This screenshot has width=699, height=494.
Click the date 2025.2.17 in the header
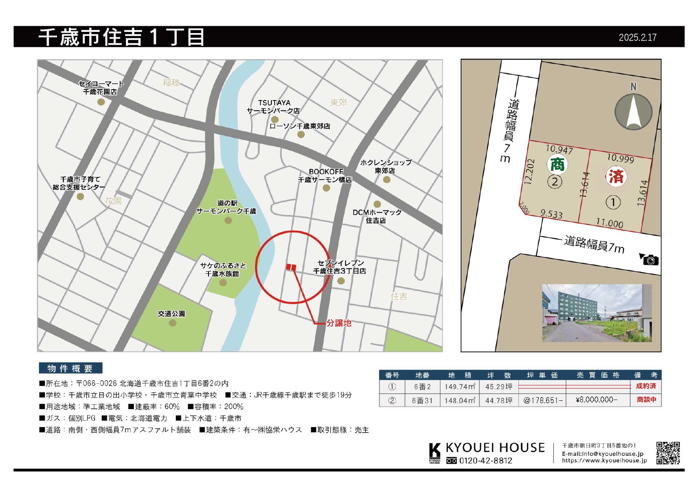[637, 37]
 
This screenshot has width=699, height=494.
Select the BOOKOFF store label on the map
[325, 176]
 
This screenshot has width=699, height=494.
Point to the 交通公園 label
[171, 314]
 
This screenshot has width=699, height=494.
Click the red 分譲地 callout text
[339, 323]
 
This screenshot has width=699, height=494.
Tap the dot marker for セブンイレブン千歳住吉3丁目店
[341, 281]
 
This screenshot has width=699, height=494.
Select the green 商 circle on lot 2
[557, 164]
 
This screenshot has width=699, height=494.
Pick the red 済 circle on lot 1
[616, 176]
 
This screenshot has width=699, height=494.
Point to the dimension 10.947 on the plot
[559, 149]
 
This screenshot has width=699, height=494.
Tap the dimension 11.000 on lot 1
[609, 223]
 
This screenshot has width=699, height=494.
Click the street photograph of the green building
[597, 313]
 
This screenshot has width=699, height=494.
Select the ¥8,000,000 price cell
[597, 400]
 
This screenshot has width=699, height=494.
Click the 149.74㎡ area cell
[459, 386]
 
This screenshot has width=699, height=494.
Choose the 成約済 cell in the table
[646, 386]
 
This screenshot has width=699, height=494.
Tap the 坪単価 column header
[542, 375]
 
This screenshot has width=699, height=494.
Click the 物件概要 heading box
[70, 368]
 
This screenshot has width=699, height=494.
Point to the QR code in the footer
[668, 453]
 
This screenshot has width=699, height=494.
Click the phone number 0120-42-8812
[485, 461]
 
